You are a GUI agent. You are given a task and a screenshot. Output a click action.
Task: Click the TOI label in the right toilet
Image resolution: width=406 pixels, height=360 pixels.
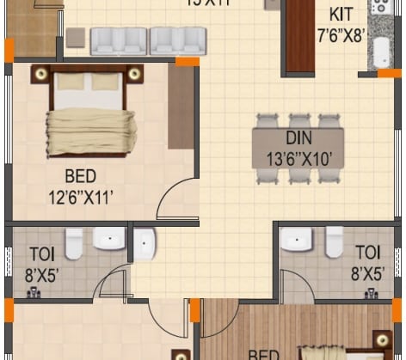coord(367,252)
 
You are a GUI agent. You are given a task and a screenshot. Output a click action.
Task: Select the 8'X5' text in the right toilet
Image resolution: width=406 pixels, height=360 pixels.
coord(367,273)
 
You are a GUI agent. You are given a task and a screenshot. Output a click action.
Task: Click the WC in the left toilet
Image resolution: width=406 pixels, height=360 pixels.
coord(75,243)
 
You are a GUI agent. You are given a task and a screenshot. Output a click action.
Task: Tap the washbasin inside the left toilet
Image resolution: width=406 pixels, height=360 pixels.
coord(109,239)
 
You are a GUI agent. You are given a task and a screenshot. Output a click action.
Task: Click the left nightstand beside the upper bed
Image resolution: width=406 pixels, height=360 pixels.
coord(40,76)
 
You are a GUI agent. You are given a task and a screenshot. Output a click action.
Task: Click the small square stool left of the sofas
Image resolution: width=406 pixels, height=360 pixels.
coord(76,38)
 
